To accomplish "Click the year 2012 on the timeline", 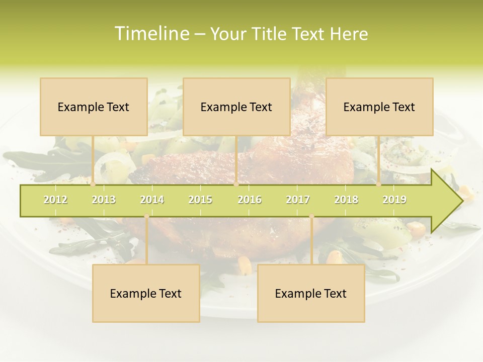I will pyautogui.click(x=55, y=200).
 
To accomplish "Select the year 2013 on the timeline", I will pyautogui.click(x=104, y=200).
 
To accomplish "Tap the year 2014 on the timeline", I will pyautogui.click(x=152, y=200).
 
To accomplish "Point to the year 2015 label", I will pyautogui.click(x=200, y=200).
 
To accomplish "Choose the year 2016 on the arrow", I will pyautogui.click(x=250, y=200).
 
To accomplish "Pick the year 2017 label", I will pyautogui.click(x=298, y=200).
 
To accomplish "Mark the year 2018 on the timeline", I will pyautogui.click(x=346, y=200).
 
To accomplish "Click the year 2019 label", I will pyautogui.click(x=394, y=200).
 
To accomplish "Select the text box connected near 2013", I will pyautogui.click(x=94, y=107).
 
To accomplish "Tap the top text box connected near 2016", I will pyautogui.click(x=236, y=107).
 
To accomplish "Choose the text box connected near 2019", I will pyautogui.click(x=379, y=107).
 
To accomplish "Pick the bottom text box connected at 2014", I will pyautogui.click(x=146, y=293).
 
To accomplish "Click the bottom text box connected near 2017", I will pyautogui.click(x=311, y=293).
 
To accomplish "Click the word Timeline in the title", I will pyautogui.click(x=151, y=34).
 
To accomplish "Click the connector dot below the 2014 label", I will pyautogui.click(x=146, y=216).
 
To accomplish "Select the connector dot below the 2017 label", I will pyautogui.click(x=311, y=216).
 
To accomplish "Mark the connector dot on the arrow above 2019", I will pyautogui.click(x=379, y=185).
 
